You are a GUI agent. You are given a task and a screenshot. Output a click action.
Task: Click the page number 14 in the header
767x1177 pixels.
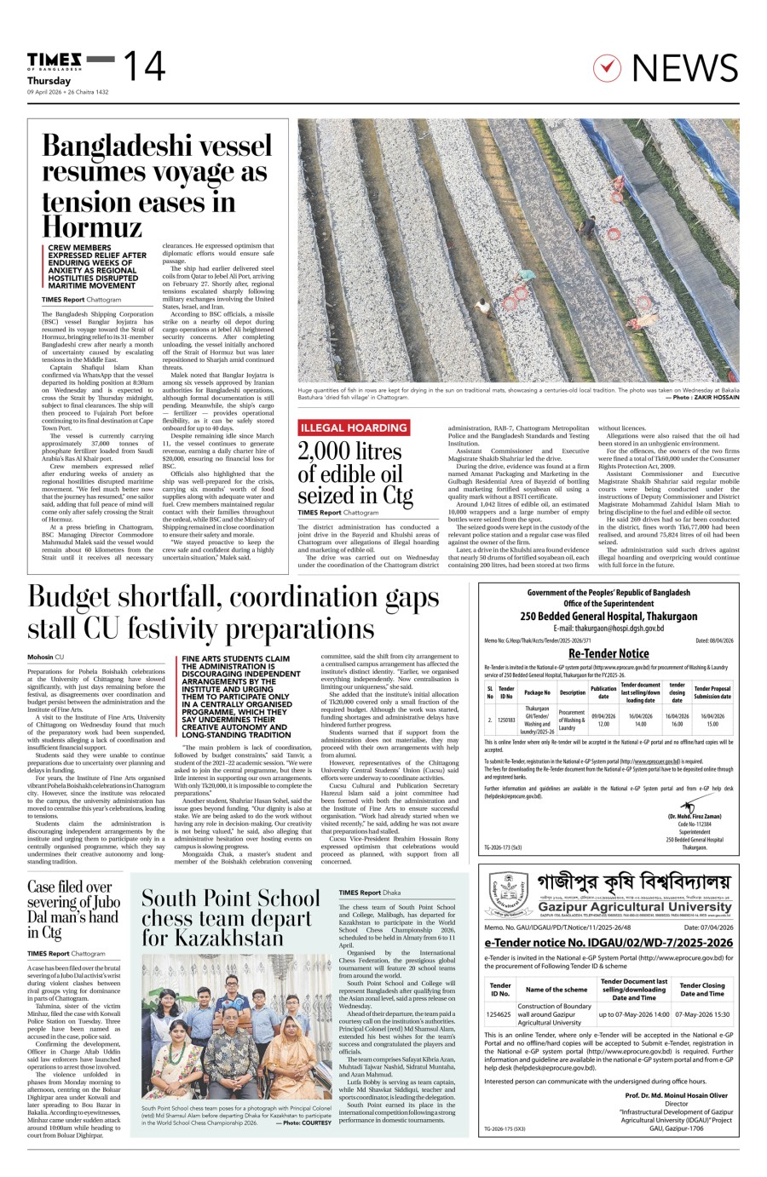click(x=144, y=66)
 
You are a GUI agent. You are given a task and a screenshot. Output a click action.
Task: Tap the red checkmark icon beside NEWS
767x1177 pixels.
click(x=605, y=66)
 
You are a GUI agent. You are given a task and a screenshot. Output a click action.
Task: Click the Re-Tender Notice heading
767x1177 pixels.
click(x=608, y=653)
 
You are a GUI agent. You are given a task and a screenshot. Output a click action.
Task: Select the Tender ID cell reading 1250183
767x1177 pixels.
click(x=506, y=720)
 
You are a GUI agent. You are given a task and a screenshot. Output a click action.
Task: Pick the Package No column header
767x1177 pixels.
click(x=538, y=692)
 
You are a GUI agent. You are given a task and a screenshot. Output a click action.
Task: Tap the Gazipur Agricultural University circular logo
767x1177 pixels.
click(x=509, y=894)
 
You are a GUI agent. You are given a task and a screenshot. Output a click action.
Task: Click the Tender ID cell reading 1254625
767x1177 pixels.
click(x=499, y=1014)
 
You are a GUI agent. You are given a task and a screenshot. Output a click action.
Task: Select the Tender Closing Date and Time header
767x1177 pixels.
click(x=702, y=989)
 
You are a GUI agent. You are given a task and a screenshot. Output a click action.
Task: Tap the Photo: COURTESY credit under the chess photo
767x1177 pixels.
click(x=303, y=1122)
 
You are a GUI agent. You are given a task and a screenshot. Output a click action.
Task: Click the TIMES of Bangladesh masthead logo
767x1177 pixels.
click(x=55, y=60)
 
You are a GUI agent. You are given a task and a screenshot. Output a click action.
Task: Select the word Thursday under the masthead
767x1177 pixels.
click(x=49, y=80)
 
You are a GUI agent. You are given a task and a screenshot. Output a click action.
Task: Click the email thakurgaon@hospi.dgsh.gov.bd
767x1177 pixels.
click(x=608, y=628)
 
